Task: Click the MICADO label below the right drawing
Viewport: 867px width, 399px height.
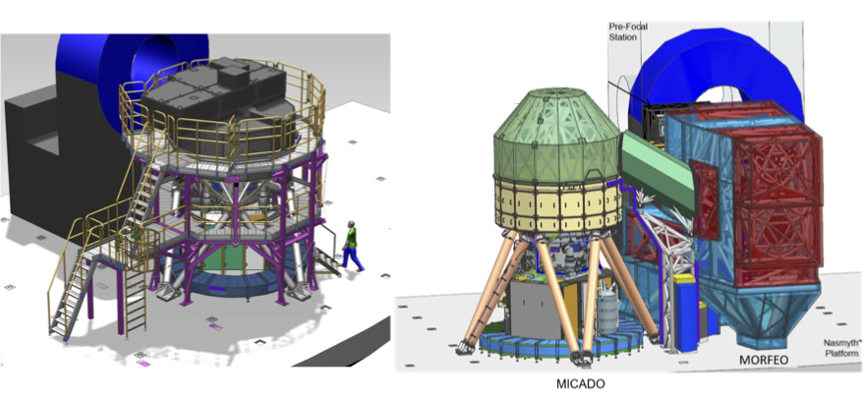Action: (580, 384)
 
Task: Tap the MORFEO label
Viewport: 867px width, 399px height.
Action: (764, 361)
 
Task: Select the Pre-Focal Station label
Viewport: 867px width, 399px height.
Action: (627, 31)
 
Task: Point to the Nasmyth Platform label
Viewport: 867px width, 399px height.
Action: (841, 348)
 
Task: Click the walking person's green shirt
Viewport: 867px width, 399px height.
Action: (351, 239)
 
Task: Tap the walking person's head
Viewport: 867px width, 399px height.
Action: (351, 224)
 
